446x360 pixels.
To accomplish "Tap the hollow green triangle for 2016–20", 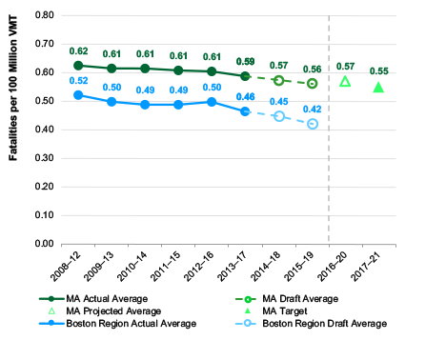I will [345, 82].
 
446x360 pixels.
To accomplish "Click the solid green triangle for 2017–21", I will [378, 88].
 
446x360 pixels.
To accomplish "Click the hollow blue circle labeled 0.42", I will [312, 124].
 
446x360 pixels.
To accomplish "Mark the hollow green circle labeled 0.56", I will [312, 84].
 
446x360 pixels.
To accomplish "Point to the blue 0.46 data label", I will [245, 97].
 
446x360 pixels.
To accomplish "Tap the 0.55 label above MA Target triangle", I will [378, 70].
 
